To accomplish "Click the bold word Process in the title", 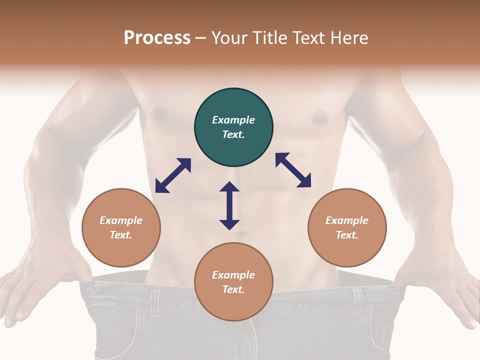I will click(157, 38).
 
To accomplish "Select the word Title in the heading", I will click(271, 38).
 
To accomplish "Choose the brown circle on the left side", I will click(121, 245).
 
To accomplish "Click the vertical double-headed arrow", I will click(229, 205).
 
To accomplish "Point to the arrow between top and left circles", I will click(173, 175).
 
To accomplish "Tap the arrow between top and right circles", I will click(293, 170).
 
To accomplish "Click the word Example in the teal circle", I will click(233, 120).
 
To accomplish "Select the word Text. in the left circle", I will click(121, 235).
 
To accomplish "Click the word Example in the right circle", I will click(347, 220).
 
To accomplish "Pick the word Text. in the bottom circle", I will click(233, 289).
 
